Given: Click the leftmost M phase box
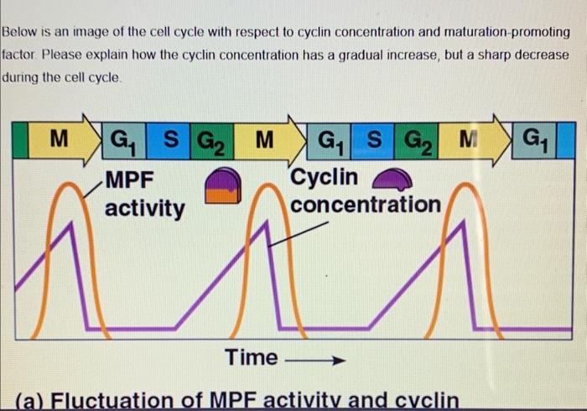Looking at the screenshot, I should [56, 138].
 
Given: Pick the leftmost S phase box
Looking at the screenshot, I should [169, 138].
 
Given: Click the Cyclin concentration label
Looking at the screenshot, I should [365, 191].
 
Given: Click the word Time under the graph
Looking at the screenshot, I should [251, 358].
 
